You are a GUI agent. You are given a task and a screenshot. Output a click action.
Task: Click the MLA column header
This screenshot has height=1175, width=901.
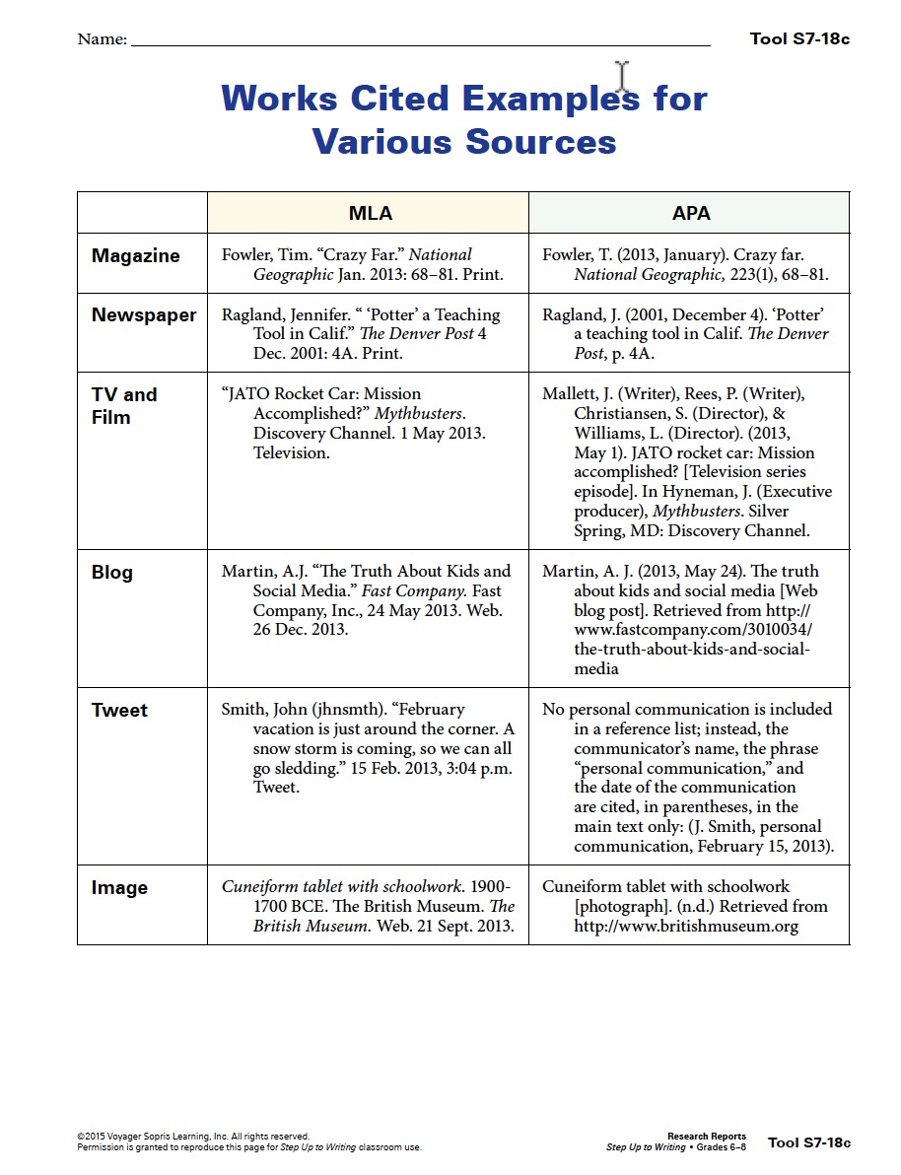(x=370, y=213)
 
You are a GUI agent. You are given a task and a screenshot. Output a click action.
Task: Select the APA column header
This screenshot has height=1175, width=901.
(x=690, y=213)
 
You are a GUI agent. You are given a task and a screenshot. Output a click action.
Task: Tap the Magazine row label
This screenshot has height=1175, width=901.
(x=135, y=256)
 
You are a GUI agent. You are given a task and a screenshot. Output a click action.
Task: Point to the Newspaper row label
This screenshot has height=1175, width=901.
(x=144, y=315)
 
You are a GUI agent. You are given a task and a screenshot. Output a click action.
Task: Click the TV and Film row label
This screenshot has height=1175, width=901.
(x=124, y=405)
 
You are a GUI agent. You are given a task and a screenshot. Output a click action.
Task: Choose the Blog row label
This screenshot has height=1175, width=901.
(x=111, y=573)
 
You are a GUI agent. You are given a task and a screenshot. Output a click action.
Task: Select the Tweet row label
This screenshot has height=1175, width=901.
(x=119, y=711)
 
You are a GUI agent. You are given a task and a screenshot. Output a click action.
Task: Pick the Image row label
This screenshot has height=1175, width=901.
(x=119, y=888)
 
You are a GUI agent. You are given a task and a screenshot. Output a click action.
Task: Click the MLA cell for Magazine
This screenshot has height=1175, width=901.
(x=363, y=265)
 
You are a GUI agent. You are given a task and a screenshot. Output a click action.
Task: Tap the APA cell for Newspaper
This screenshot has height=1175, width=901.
(x=686, y=333)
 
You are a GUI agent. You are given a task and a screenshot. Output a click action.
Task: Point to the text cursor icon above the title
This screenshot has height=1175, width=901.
(x=622, y=77)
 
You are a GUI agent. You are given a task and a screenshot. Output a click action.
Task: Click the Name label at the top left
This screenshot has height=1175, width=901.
(x=102, y=40)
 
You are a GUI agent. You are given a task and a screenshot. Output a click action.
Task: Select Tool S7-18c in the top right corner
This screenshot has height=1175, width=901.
(x=799, y=39)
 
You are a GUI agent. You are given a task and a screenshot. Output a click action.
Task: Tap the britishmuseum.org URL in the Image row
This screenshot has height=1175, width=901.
(x=686, y=926)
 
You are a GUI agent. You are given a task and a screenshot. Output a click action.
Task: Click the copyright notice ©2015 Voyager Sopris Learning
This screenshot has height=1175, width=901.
(x=193, y=1137)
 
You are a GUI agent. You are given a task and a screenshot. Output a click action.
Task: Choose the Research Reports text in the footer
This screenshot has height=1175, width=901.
(x=707, y=1137)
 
